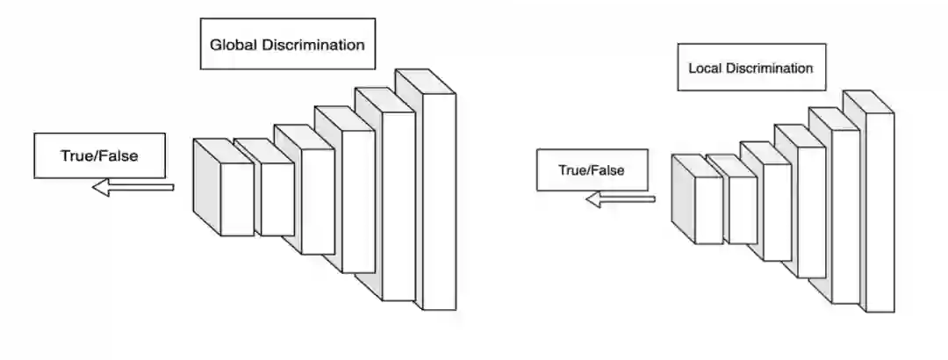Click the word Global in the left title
pos(233,45)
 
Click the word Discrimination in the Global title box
pos(313,45)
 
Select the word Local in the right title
pos(705,68)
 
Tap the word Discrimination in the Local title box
pos(769,68)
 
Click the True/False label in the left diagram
pos(99,156)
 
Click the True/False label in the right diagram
pos(592,169)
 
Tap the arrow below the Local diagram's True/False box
pos(620,199)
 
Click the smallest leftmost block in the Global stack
pos(235,198)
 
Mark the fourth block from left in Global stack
pos(357,200)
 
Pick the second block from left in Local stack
pos(742,211)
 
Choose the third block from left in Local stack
pos(776,211)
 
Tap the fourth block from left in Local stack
pos(811,212)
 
